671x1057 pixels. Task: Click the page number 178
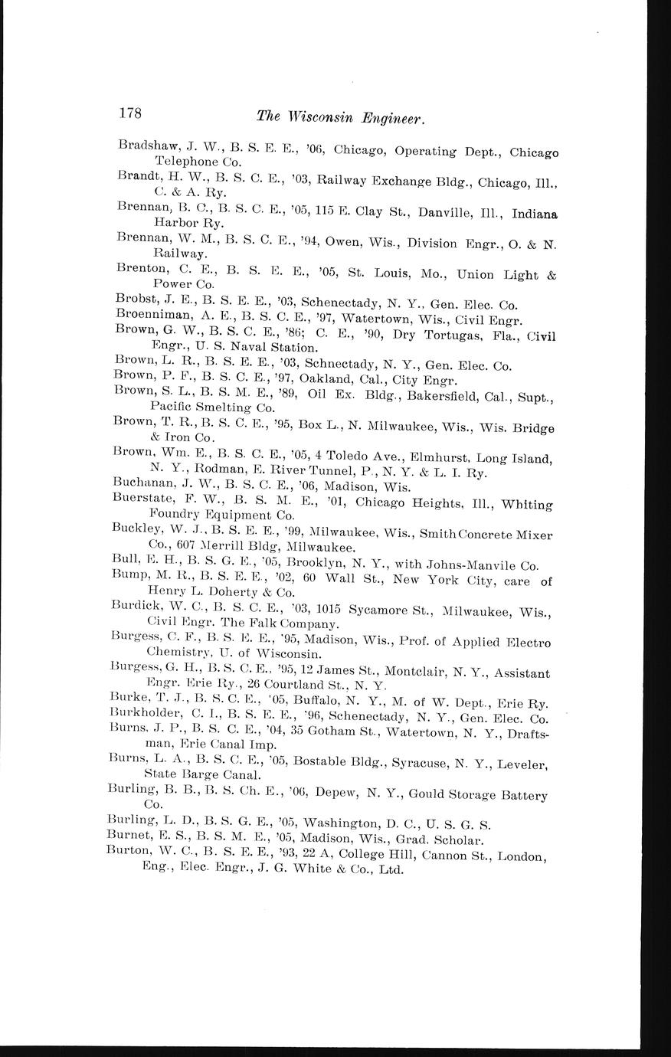(129, 113)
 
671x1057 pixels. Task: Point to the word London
(521, 856)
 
